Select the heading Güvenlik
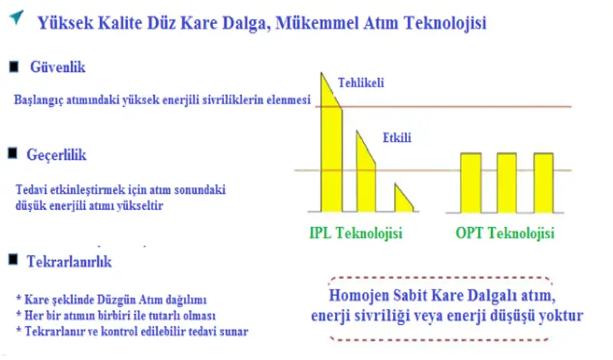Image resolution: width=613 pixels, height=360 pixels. pos(58,67)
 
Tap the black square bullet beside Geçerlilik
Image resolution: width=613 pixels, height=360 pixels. pos(13,155)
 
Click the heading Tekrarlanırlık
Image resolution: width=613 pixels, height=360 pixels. pos(71,263)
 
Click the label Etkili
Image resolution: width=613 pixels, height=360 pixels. pos(397,139)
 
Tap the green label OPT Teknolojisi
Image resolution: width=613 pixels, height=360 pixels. pos(504,233)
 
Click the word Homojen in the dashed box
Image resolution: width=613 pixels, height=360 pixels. pos(359,296)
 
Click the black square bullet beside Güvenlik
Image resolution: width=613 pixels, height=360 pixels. pos(13,67)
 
